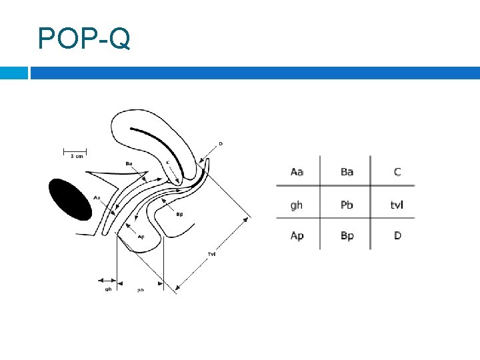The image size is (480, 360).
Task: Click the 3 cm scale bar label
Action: [x=77, y=157]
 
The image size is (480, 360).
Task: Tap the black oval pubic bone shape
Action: [x=70, y=199]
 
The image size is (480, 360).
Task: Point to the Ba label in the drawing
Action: [x=129, y=163]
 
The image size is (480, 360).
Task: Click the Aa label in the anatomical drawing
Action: [x=97, y=197]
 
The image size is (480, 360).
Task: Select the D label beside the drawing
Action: [x=221, y=143]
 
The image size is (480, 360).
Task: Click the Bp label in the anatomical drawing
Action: [x=179, y=214]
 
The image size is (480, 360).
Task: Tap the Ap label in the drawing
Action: [x=141, y=237]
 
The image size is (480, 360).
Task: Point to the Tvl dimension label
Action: [x=211, y=254]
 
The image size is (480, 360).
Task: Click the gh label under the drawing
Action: [x=108, y=289]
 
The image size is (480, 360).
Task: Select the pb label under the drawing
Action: [x=141, y=290]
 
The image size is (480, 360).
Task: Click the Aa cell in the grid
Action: [x=297, y=172]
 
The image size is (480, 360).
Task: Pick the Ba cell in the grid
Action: [x=347, y=172]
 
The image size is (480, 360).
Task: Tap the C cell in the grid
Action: [x=397, y=172]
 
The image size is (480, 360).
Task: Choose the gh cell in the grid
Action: [x=297, y=205]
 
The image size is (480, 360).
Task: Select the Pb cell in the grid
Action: [x=347, y=205]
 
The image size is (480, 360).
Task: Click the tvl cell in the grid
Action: [x=397, y=205]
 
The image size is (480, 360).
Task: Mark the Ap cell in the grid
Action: [x=297, y=236]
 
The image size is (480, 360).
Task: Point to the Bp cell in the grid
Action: [x=347, y=236]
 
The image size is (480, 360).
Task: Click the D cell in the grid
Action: [x=397, y=236]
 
